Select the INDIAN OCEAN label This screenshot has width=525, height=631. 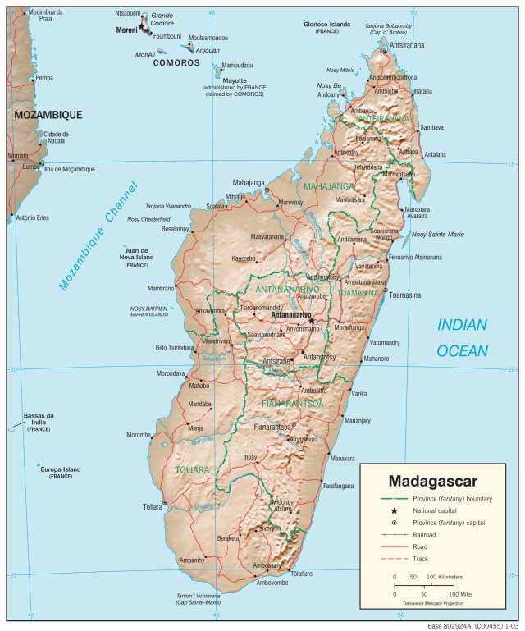click(462, 337)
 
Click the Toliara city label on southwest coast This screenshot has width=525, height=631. click(153, 507)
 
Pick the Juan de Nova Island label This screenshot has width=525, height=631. click(136, 254)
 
